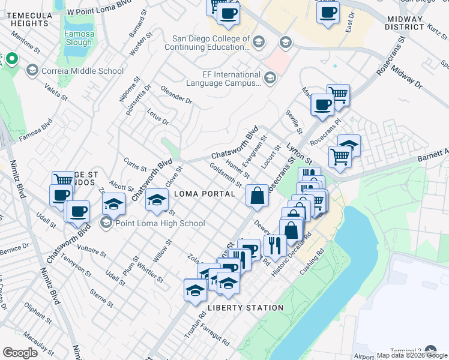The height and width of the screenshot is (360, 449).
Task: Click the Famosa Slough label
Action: (79, 38)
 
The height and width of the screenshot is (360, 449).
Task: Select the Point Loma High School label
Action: (152, 223)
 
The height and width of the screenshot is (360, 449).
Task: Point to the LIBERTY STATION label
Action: (245, 308)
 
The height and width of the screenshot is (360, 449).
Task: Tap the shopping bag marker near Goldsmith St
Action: (257, 196)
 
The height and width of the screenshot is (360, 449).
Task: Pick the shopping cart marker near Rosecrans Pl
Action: (340, 156)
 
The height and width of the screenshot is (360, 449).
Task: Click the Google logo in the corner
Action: (20, 353)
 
